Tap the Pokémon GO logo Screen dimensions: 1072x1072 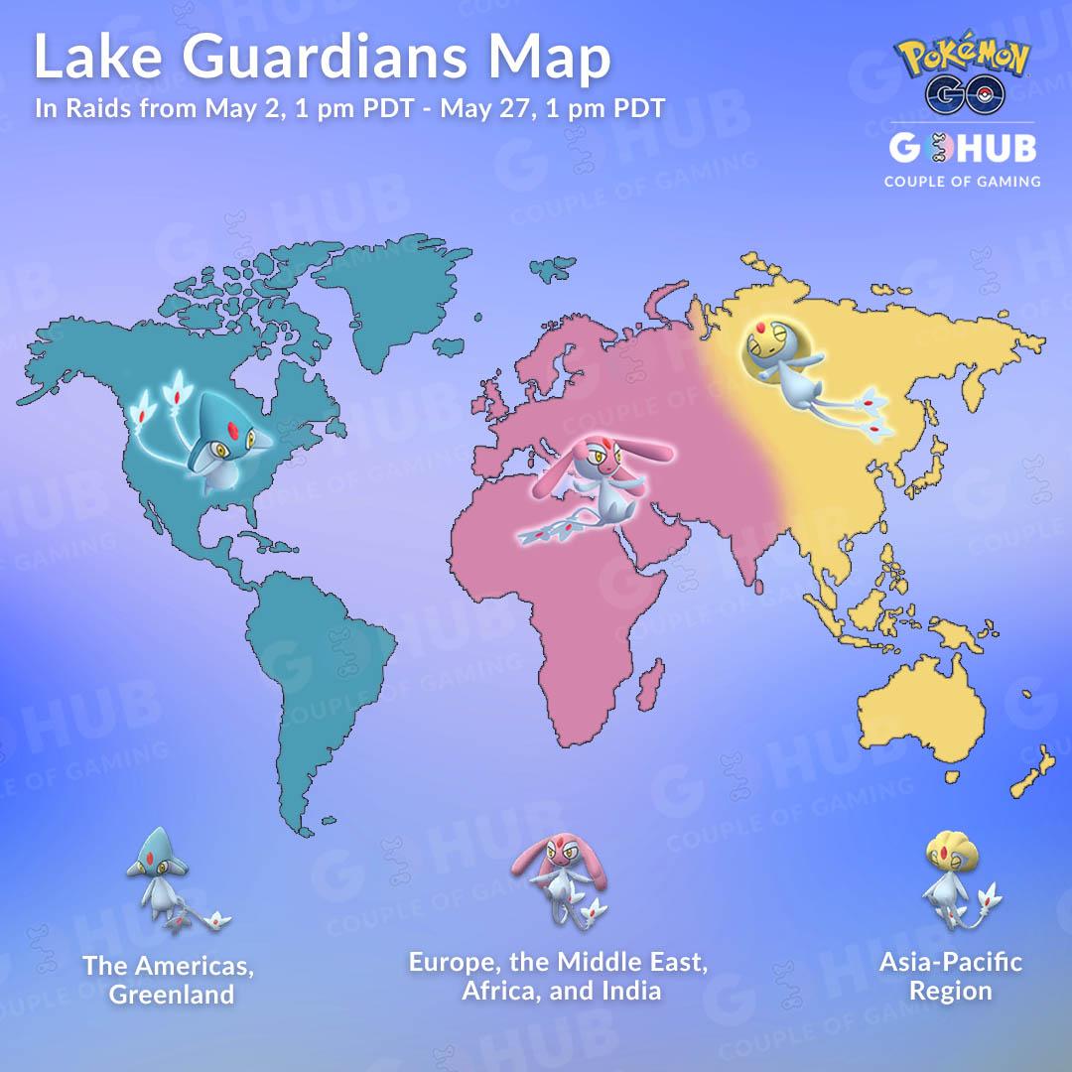click(964, 75)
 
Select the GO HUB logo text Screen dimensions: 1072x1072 click(962, 149)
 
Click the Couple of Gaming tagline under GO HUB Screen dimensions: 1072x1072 click(962, 181)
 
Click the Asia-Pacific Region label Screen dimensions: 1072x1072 click(950, 976)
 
